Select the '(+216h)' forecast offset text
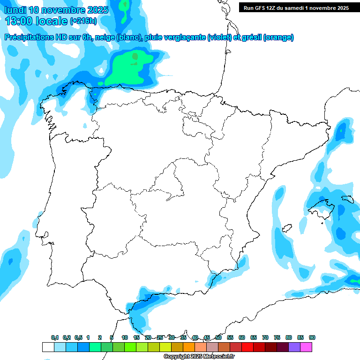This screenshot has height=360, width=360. [83, 21]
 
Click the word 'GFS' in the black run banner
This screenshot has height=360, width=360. [262, 7]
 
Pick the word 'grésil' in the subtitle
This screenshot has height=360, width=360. [250, 37]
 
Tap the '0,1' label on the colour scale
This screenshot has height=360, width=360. [55, 337]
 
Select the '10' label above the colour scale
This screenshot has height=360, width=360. [125, 337]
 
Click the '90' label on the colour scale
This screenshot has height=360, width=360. [312, 337]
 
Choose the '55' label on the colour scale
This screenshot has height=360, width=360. [230, 337]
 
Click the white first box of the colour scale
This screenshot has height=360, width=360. [48, 347]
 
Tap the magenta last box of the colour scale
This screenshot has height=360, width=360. [306, 347]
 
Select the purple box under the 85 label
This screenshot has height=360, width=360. [294, 347]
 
